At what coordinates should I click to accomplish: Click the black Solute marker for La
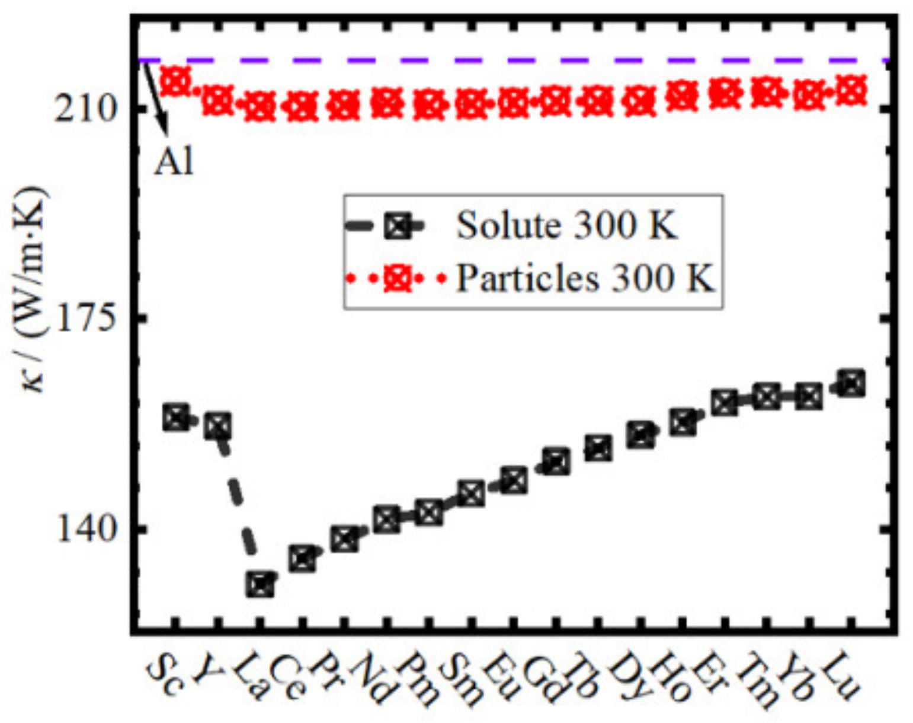261,585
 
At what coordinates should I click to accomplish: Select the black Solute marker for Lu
851,383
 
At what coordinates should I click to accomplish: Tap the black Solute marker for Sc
176,418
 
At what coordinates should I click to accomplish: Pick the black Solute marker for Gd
556,462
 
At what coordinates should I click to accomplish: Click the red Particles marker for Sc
176,81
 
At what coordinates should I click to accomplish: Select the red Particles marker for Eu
513,103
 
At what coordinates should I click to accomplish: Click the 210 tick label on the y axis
84,109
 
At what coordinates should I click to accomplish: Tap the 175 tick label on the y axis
84,319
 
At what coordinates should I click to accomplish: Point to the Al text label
174,161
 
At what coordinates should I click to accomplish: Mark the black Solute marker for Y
218,427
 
